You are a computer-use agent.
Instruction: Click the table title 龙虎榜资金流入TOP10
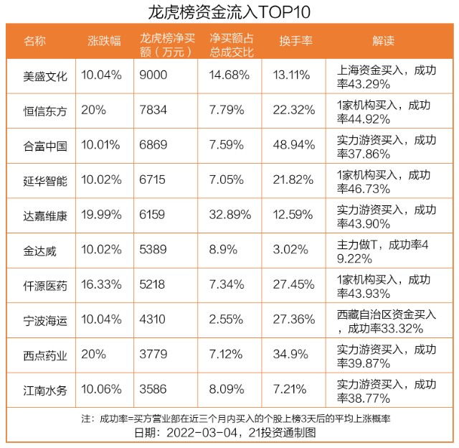coord(229,12)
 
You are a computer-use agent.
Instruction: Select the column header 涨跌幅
coord(104,41)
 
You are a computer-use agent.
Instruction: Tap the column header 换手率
coord(295,41)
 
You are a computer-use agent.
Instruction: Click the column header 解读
coord(383,41)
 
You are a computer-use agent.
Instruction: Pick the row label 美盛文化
coord(45,77)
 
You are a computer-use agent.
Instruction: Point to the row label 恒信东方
coord(45,111)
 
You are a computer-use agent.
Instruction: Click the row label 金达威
coord(40,251)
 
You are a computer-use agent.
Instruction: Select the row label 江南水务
coord(45,391)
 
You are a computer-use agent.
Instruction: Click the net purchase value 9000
coord(153,75)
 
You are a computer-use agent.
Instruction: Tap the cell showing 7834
coord(153,110)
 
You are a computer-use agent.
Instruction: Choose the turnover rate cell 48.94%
coord(294,145)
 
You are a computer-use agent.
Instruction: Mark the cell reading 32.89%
coord(230,215)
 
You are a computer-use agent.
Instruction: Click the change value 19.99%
coord(101,215)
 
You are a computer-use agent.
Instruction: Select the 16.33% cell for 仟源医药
coord(101,284)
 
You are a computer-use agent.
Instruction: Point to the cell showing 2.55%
coord(226,319)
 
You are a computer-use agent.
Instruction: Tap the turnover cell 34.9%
coord(290,354)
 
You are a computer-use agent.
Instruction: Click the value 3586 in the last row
coord(153,389)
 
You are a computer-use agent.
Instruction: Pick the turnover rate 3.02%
coord(290,249)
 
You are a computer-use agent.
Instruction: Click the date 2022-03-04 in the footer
coord(202,432)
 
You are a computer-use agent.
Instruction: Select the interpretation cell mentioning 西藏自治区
coord(387,322)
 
